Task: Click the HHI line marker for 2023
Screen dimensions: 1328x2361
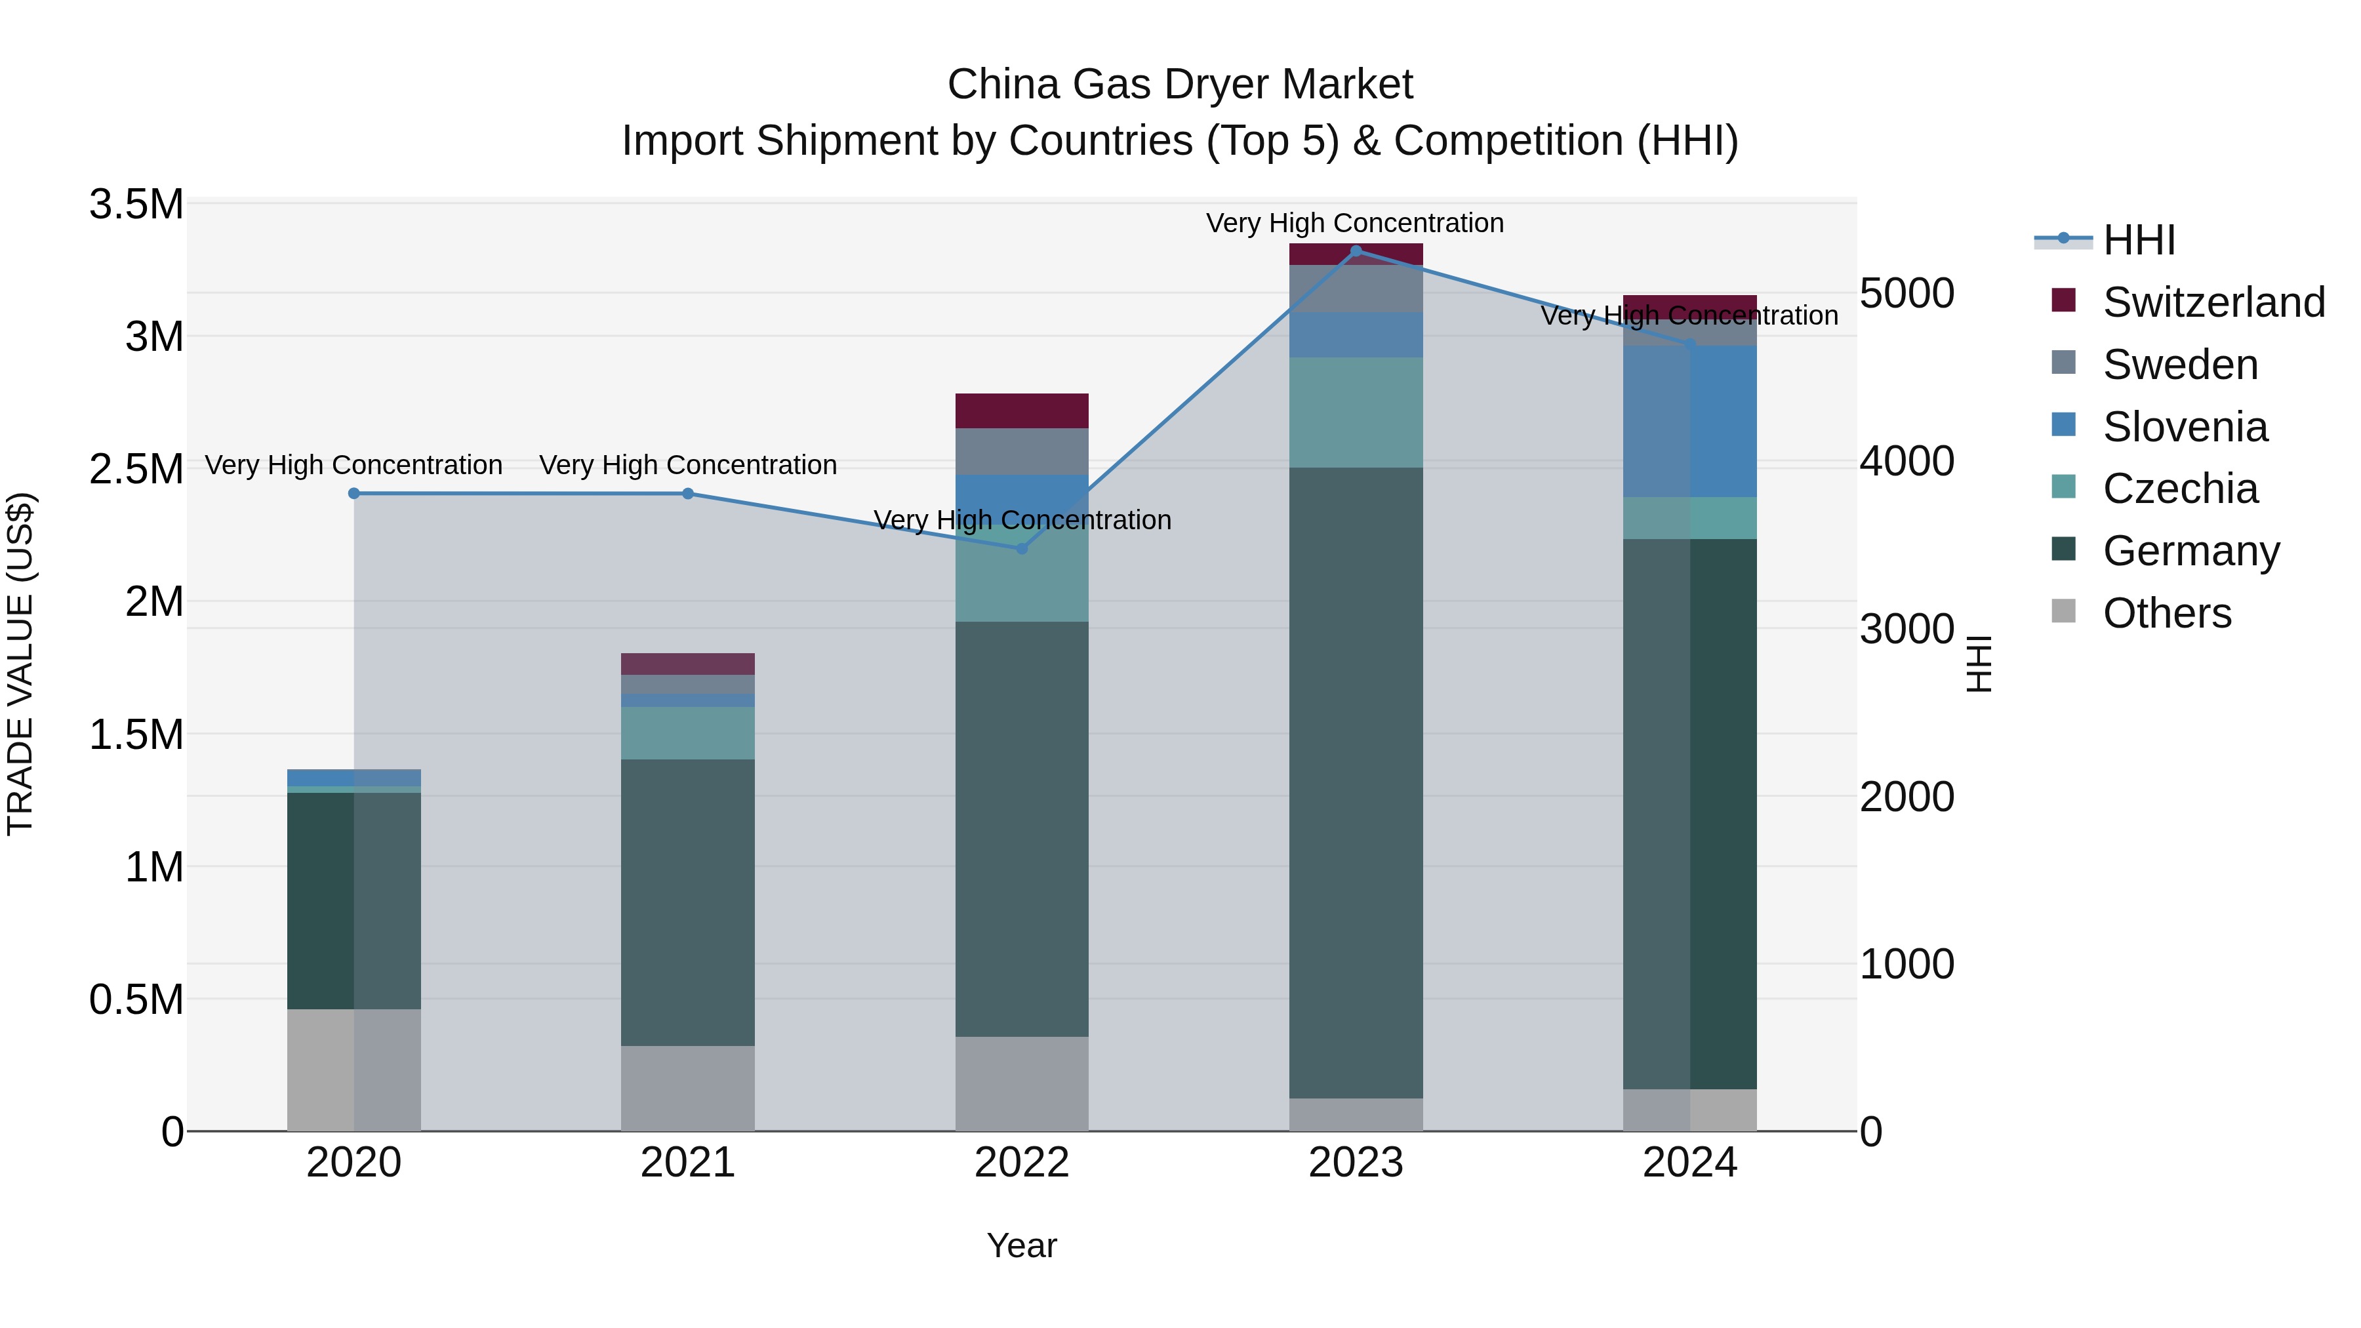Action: click(1356, 251)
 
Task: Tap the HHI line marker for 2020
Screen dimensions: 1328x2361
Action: click(353, 493)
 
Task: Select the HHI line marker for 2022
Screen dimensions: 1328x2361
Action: click(1022, 548)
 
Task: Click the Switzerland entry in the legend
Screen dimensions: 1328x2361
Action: click(2213, 302)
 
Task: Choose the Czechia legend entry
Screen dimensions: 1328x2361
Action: click(2179, 489)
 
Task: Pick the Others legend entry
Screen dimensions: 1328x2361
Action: click(2167, 613)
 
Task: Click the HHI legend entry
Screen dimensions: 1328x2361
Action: click(2138, 240)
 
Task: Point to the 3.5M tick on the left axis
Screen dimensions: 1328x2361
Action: click(136, 205)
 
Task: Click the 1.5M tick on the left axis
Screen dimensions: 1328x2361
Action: click(136, 734)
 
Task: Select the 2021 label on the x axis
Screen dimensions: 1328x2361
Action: click(687, 1162)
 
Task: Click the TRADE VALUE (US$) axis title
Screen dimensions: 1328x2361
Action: click(20, 664)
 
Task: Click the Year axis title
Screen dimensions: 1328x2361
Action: click(1021, 1245)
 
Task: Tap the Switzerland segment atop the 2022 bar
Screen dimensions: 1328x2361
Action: click(1021, 411)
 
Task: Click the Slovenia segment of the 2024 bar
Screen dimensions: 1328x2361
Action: click(1689, 422)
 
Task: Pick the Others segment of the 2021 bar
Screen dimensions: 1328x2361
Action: click(687, 1088)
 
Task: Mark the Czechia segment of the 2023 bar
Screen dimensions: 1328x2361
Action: click(1356, 412)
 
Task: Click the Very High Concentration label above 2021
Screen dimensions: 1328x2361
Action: click(687, 465)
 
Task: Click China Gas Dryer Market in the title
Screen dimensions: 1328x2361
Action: click(1180, 85)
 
